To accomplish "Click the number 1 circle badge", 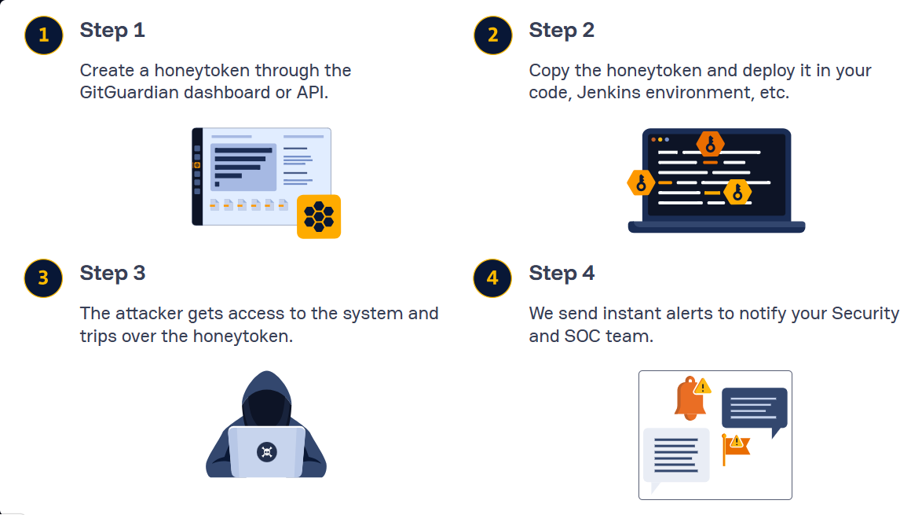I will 43,35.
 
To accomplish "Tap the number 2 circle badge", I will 492,35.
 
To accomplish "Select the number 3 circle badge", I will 43,278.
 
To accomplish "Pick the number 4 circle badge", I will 492,278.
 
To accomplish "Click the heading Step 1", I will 112,31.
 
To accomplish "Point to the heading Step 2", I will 562,31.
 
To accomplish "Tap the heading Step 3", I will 112,274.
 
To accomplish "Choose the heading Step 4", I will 562,274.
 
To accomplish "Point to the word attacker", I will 149,313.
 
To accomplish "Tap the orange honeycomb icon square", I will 319,216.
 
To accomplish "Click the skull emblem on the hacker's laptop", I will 266,451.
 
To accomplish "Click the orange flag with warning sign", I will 736,447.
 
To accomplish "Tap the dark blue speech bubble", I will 754,408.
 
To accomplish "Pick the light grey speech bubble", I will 675,456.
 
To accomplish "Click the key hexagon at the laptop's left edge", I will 641,183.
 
